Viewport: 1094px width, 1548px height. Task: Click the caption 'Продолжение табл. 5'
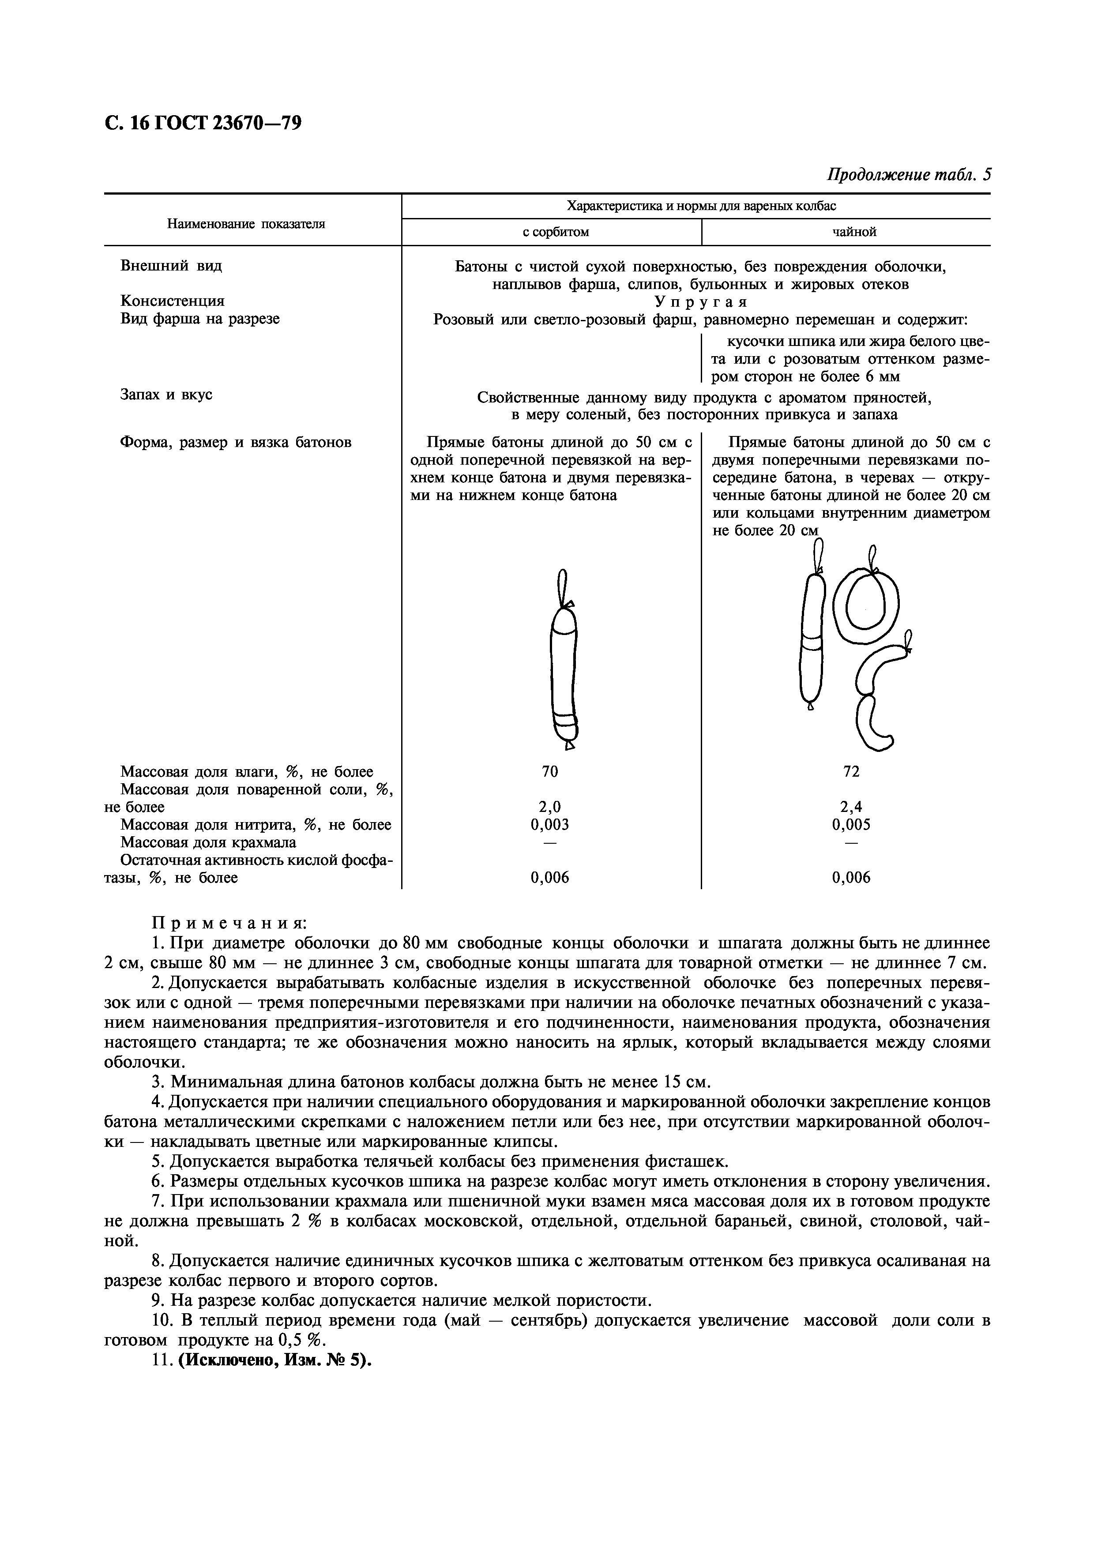tap(909, 175)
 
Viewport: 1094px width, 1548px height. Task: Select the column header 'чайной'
tap(854, 233)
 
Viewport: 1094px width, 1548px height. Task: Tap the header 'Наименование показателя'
tap(246, 224)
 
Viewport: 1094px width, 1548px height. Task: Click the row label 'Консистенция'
tap(173, 301)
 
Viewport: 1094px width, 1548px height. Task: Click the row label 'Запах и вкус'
tap(166, 395)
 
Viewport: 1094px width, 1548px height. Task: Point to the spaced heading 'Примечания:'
tap(229, 922)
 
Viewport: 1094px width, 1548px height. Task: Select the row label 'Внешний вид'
tap(171, 266)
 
